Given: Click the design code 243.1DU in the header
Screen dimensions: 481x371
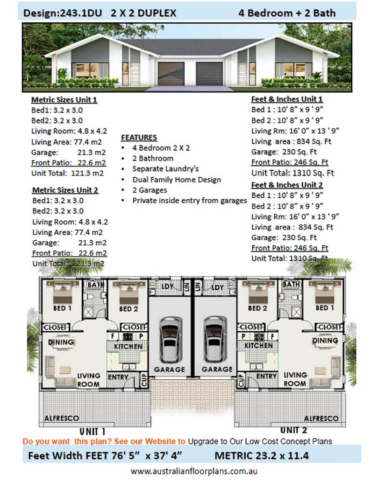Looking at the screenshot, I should click(79, 14).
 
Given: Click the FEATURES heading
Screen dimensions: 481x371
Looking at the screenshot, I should click(139, 138).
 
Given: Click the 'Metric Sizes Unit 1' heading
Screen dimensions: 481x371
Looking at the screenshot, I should click(64, 100).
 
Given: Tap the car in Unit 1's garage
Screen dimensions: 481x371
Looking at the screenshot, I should click(170, 341).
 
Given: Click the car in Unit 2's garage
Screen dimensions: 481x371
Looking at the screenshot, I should click(214, 341).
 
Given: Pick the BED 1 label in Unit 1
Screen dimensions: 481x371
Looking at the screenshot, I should click(62, 308).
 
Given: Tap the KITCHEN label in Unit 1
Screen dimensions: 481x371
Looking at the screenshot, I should click(128, 347).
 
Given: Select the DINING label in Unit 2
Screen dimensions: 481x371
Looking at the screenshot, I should click(325, 341).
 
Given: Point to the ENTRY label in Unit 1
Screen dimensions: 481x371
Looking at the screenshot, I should click(118, 376).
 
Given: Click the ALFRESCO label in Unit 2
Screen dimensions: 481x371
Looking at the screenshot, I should click(321, 418).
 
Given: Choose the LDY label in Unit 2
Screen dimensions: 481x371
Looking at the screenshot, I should click(217, 287).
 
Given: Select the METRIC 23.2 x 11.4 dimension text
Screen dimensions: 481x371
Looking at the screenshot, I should click(262, 455).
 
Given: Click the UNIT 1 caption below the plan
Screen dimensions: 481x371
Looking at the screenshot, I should click(92, 431).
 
